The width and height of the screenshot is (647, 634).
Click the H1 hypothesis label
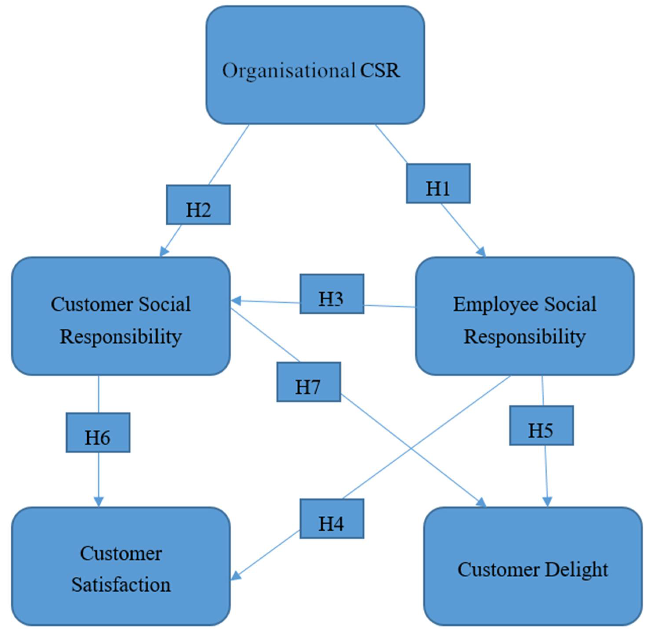[438, 183]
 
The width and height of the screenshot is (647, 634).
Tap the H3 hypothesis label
[332, 294]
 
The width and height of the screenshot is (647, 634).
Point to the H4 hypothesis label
[332, 518]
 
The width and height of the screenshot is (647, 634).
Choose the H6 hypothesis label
[98, 433]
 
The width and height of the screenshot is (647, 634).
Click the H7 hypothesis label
[308, 382]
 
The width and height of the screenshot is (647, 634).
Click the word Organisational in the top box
[288, 71]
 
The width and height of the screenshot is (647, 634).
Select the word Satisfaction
[121, 585]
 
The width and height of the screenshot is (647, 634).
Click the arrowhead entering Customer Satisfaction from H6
[99, 502]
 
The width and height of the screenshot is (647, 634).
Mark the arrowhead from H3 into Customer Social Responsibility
[236, 301]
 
